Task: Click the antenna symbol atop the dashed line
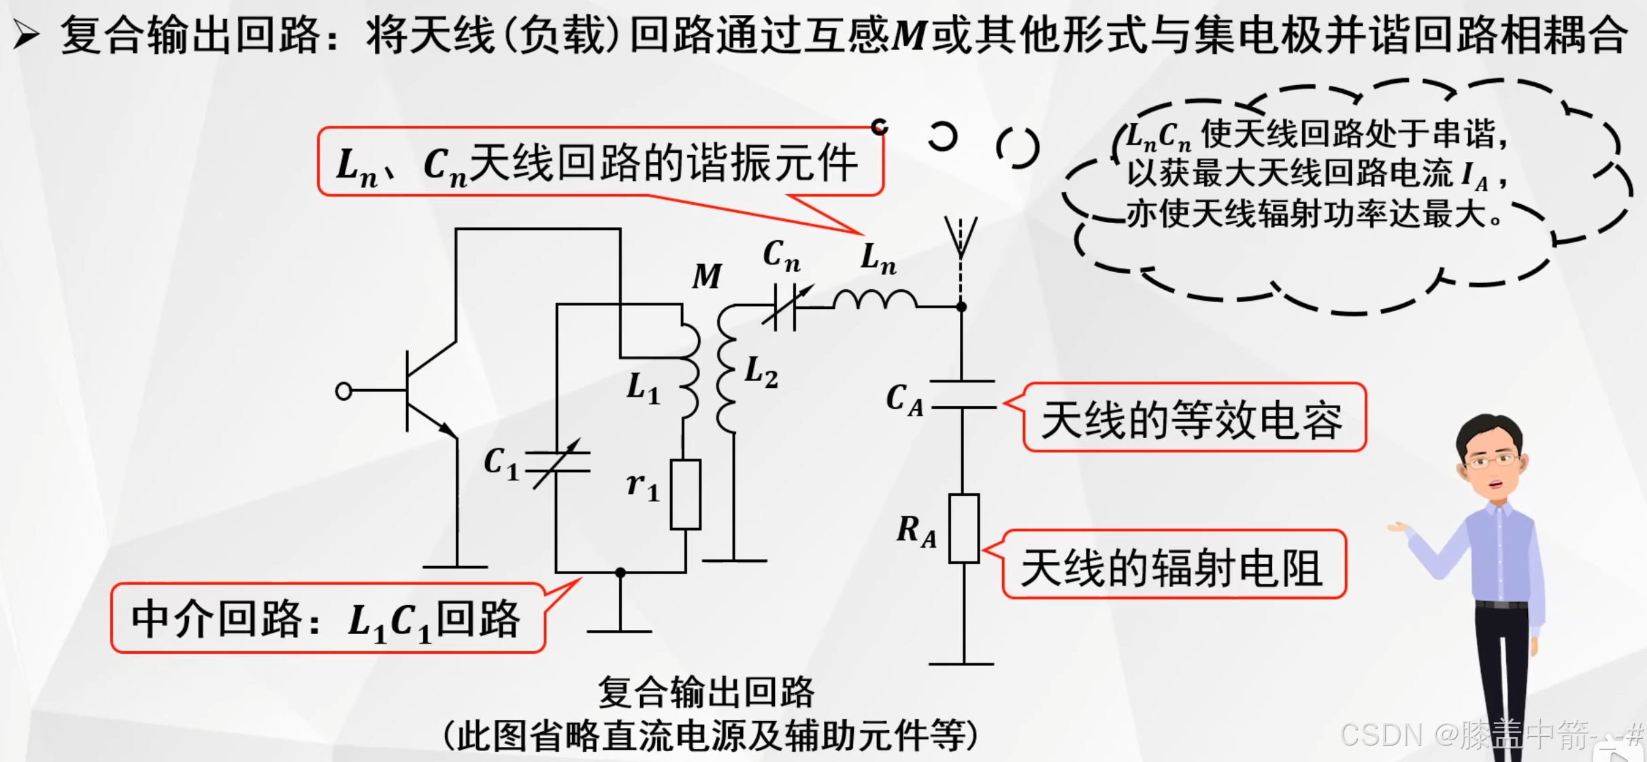click(961, 235)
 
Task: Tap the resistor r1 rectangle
click(685, 495)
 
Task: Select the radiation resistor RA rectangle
click(964, 529)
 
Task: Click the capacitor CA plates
click(963, 395)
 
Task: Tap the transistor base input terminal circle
click(344, 391)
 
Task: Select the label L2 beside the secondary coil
click(761, 373)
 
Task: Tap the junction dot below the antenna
click(961, 308)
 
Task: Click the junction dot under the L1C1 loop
click(620, 573)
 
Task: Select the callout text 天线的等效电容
click(1192, 419)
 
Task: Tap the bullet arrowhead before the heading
click(27, 35)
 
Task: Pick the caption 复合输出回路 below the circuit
click(706, 693)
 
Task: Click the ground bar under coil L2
click(734, 561)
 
